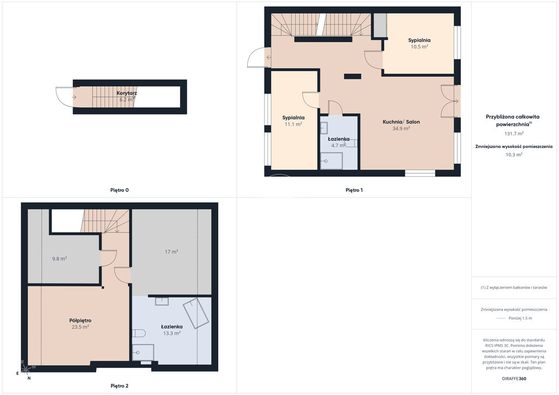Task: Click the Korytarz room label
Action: [x=127, y=93]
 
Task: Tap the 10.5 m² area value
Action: [x=419, y=47]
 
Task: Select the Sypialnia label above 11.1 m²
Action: [x=293, y=117]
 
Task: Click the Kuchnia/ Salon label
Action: [x=401, y=122]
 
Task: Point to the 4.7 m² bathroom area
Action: [x=338, y=145]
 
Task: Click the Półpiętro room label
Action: [x=80, y=321]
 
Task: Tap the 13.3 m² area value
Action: [x=172, y=333]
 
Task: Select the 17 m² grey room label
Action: [x=171, y=252]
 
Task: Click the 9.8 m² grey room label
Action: [x=60, y=259]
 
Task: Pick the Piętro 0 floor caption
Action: [x=120, y=190]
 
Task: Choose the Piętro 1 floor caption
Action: [x=354, y=190]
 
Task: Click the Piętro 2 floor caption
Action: [x=120, y=386]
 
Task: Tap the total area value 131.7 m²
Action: [x=514, y=134]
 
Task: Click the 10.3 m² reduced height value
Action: [x=514, y=154]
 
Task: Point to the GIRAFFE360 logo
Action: [x=514, y=379]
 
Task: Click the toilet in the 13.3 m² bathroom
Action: [x=139, y=333]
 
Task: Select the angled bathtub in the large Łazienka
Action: [x=196, y=313]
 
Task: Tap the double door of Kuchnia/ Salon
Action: [x=450, y=101]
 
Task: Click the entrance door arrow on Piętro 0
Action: [x=74, y=97]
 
